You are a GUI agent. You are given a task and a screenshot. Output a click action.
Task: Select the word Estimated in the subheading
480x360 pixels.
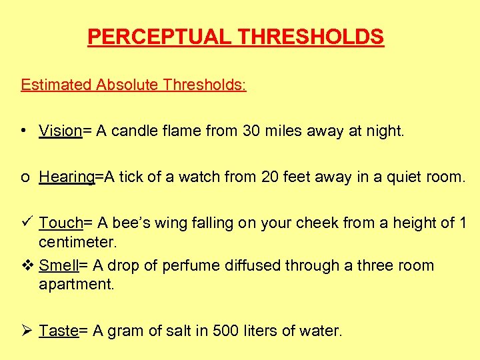pyautogui.click(x=56, y=85)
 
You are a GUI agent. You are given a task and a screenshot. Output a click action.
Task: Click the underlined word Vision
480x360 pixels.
pyautogui.click(x=60, y=131)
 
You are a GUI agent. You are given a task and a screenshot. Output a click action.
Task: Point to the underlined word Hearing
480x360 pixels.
pyautogui.click(x=67, y=177)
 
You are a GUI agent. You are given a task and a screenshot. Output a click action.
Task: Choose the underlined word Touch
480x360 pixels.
pyautogui.click(x=60, y=223)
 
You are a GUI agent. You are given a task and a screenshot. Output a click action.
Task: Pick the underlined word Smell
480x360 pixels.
pyautogui.click(x=59, y=265)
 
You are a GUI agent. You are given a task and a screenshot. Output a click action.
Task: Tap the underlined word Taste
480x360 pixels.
pyautogui.click(x=59, y=330)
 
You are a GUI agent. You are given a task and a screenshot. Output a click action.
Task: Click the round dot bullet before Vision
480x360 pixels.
pyautogui.click(x=23, y=131)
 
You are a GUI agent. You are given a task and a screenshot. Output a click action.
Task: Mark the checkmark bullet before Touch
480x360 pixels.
pyautogui.click(x=25, y=222)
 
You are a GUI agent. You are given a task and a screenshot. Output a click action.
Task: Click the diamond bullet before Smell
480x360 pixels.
pyautogui.click(x=25, y=265)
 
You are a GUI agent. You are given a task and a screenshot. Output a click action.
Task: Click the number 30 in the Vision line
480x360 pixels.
pyautogui.click(x=251, y=131)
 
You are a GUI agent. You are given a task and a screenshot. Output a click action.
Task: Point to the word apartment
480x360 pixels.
pyautogui.click(x=77, y=284)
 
